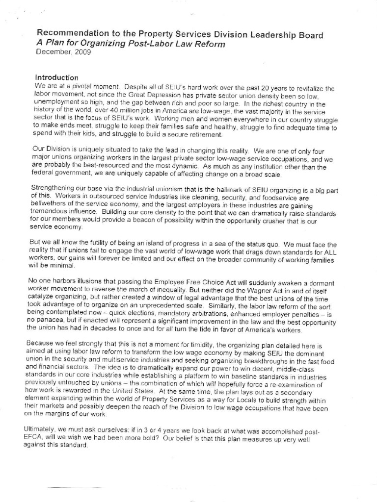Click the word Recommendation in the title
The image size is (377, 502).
72,34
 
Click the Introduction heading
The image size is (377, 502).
57,77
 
